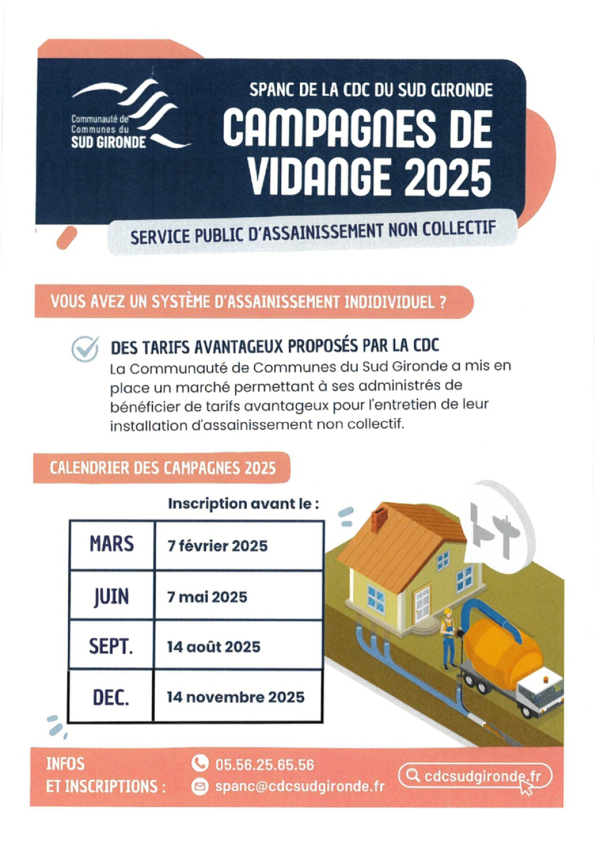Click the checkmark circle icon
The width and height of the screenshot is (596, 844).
(85, 349)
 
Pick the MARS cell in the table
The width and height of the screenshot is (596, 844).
(111, 543)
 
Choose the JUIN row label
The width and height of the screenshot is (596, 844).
(111, 594)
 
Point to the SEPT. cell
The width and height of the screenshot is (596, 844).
(111, 645)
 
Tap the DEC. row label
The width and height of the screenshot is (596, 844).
(111, 696)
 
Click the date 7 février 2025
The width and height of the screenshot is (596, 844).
(217, 546)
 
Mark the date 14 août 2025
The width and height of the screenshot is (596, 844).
(213, 646)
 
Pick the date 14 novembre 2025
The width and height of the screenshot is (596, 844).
(235, 697)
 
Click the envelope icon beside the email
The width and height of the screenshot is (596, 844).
(200, 787)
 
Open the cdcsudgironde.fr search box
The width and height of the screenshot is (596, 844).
(474, 775)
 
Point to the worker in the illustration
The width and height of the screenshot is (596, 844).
(447, 639)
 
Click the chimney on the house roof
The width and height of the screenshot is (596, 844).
(379, 519)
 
